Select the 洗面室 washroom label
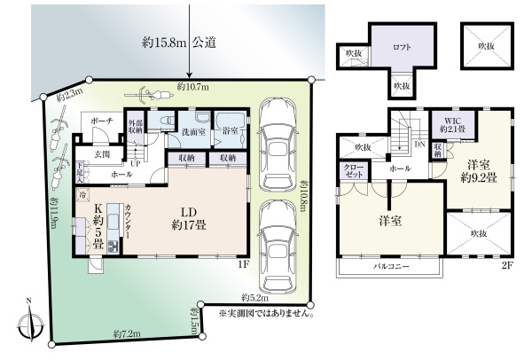[x=194, y=132]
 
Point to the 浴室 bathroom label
[x=231, y=132]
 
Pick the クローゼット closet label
[x=349, y=171]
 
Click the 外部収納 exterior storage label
[x=135, y=126]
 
